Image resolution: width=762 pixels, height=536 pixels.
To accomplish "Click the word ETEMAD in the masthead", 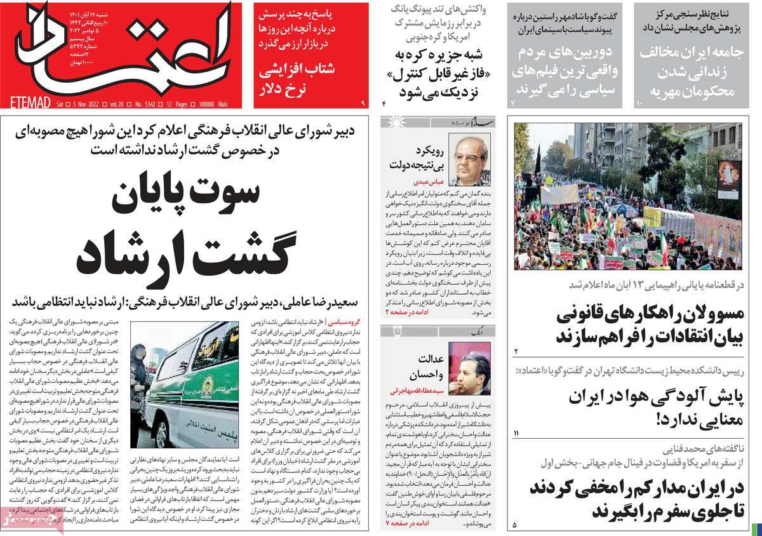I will pos(26,102).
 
